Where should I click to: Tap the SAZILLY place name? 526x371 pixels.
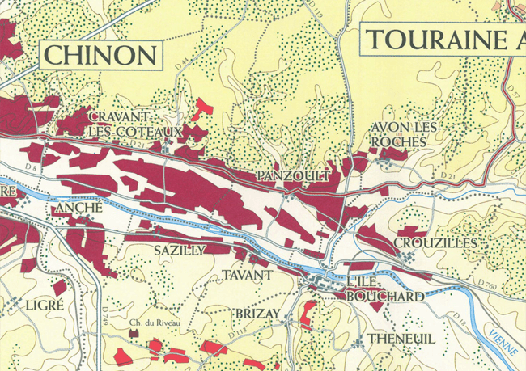[x=180, y=251]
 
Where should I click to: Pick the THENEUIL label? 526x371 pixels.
[x=397, y=337]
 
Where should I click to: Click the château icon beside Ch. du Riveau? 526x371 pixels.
[x=154, y=344]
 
